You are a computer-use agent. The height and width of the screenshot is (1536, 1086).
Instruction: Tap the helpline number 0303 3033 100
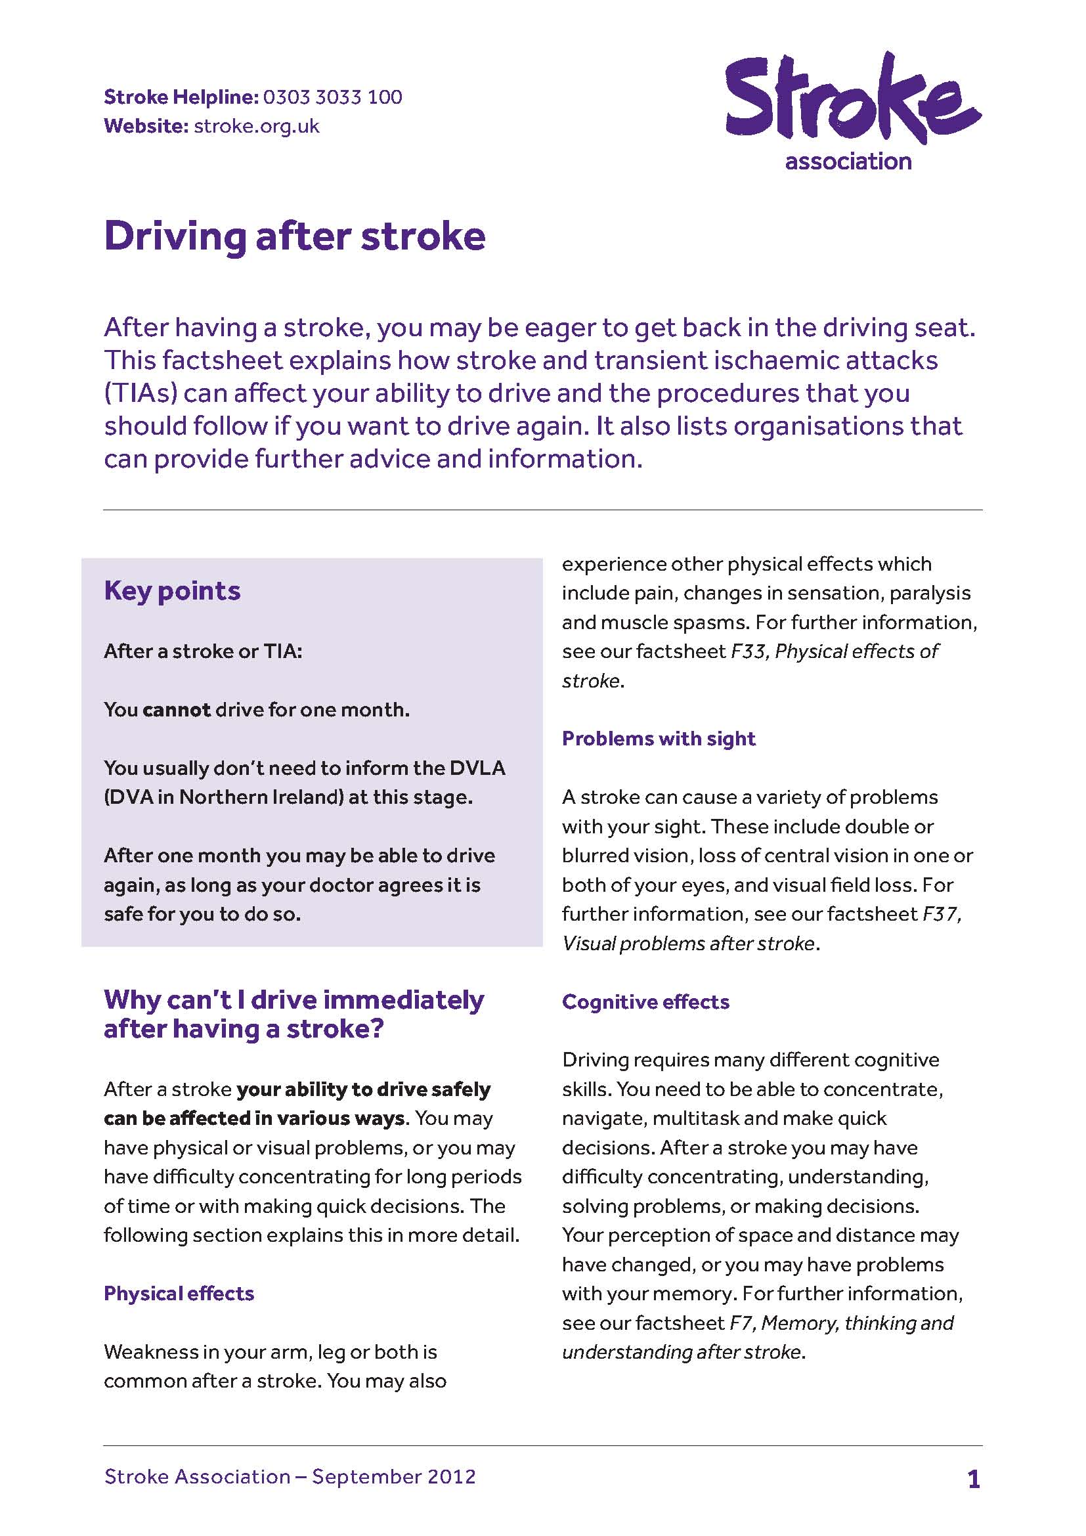pyautogui.click(x=332, y=97)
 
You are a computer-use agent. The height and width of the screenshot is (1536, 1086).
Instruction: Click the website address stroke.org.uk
pyautogui.click(x=256, y=126)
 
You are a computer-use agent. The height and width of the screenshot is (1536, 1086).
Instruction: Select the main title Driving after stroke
pyautogui.click(x=294, y=236)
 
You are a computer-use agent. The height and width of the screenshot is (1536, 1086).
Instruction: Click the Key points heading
pyautogui.click(x=172, y=591)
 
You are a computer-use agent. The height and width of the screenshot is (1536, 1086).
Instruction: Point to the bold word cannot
pyautogui.click(x=177, y=709)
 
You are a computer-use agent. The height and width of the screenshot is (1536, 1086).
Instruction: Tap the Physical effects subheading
pyautogui.click(x=179, y=1293)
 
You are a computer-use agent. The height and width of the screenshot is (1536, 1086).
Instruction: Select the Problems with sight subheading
pyautogui.click(x=658, y=738)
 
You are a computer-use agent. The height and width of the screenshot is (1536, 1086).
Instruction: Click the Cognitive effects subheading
pyautogui.click(x=645, y=1001)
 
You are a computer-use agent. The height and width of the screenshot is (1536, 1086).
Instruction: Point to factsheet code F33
pyautogui.click(x=749, y=651)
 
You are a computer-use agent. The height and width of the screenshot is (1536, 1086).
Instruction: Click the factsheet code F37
pyautogui.click(x=941, y=914)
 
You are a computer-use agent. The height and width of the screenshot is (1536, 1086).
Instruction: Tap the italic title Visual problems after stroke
pyautogui.click(x=688, y=943)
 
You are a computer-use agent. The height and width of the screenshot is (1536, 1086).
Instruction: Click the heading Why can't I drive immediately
pyautogui.click(x=293, y=999)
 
